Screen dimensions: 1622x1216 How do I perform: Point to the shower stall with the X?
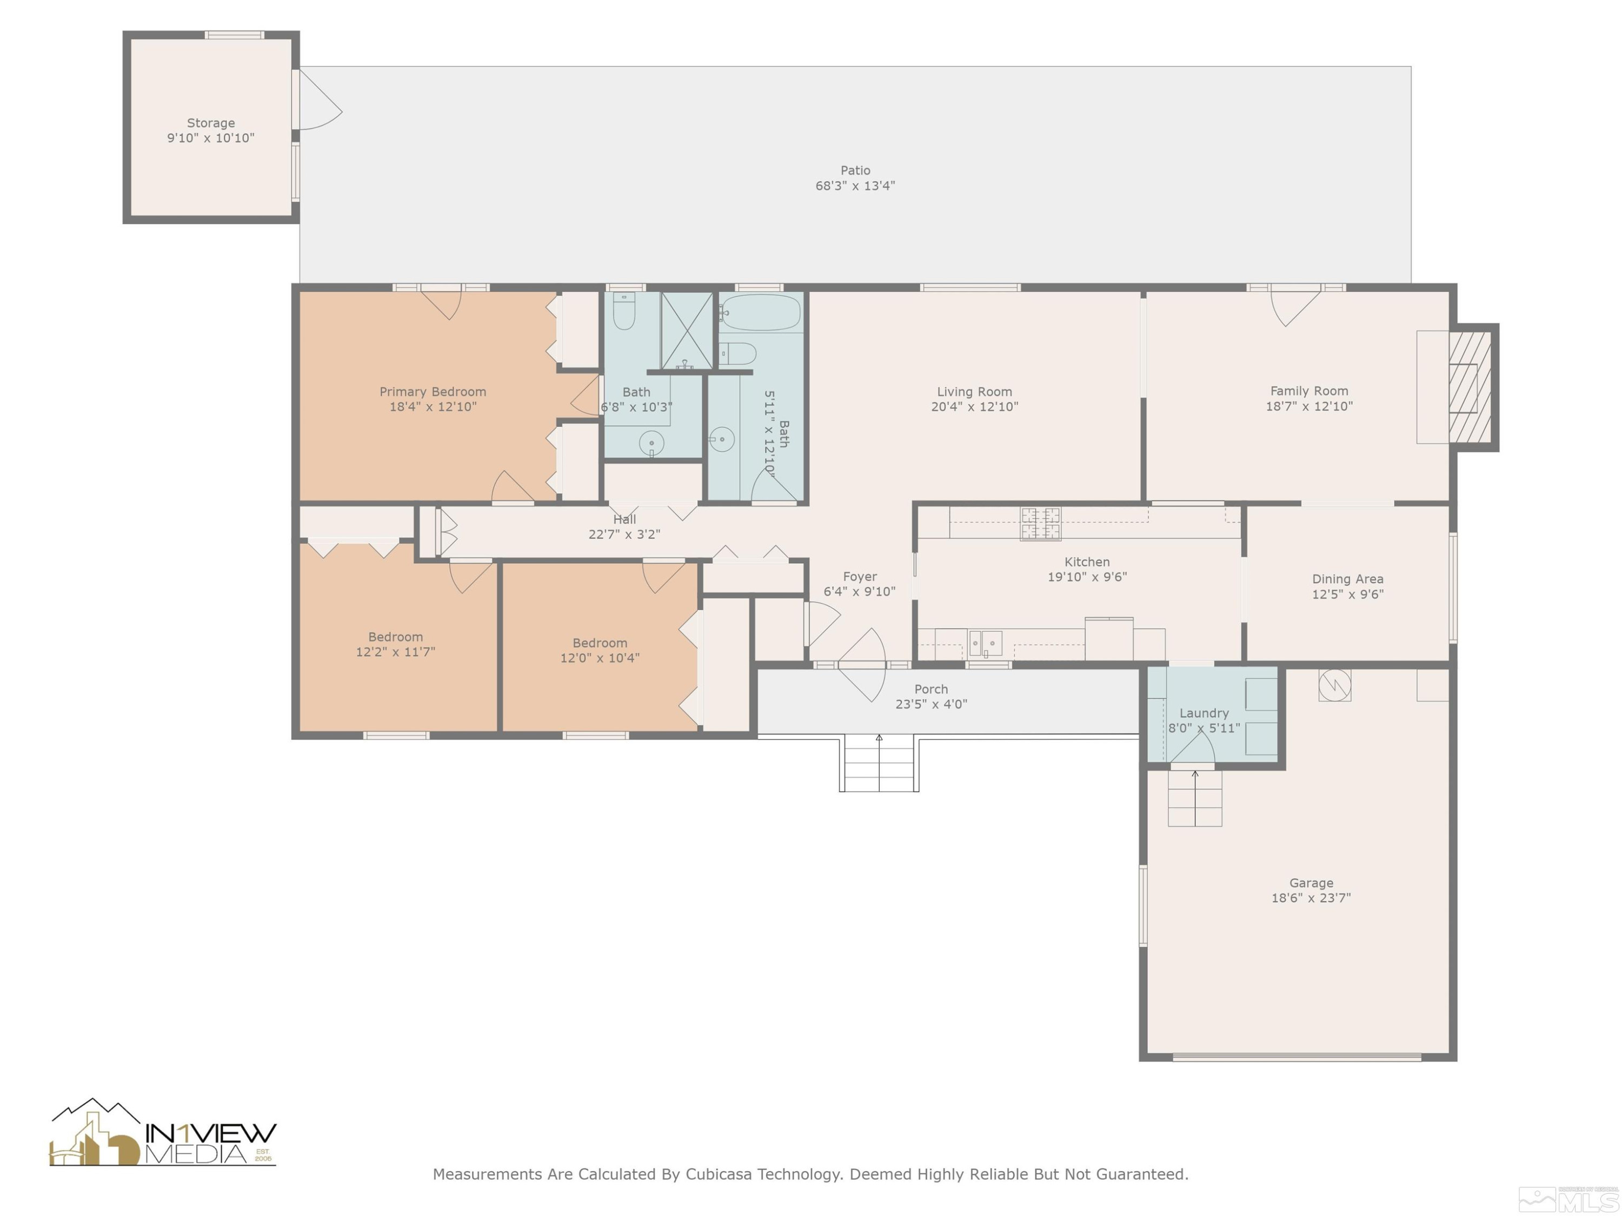[x=686, y=331]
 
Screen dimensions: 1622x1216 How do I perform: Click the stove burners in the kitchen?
[x=1041, y=523]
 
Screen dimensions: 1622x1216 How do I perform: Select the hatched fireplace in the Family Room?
[x=1470, y=387]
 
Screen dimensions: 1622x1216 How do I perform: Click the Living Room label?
[x=974, y=392]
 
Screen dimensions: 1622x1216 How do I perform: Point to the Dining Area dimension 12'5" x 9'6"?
[x=1348, y=594]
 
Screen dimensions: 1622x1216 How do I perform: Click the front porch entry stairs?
[x=879, y=764]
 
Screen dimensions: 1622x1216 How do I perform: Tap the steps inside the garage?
[x=1195, y=798]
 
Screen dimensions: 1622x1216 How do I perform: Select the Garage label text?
[x=1311, y=883]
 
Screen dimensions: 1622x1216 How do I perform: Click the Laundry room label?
[x=1204, y=713]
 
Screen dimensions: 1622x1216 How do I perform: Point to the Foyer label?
[x=860, y=577]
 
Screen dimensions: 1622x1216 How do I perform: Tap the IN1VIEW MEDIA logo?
[x=163, y=1133]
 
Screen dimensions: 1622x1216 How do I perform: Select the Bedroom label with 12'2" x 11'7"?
[x=395, y=637]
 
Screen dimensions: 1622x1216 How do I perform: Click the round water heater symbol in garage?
[x=1334, y=685]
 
